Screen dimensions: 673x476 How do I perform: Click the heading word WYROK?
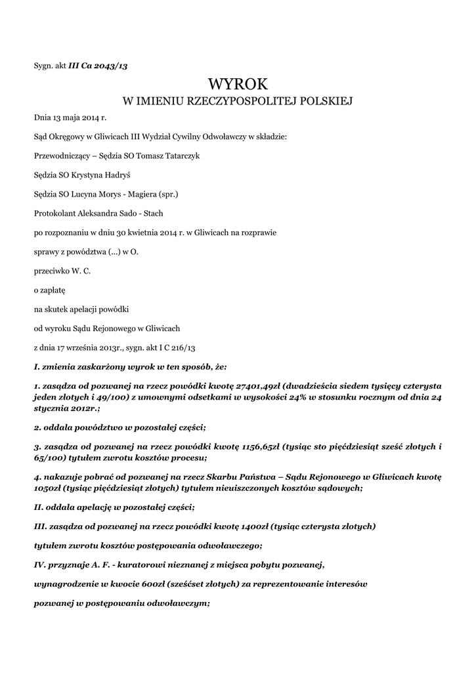[x=238, y=83]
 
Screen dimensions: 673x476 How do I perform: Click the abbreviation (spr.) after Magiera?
[x=165, y=195]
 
